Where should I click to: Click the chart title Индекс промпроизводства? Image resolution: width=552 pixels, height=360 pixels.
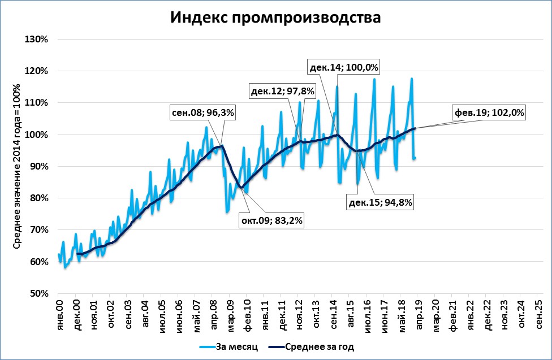pos(276,18)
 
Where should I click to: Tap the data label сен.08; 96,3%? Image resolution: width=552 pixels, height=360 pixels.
pos(203,112)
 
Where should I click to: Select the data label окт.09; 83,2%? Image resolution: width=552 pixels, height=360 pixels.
pos(273,221)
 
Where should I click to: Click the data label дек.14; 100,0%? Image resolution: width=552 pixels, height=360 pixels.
pos(344,67)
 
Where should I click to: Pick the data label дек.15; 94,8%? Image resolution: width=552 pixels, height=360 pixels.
pos(380,201)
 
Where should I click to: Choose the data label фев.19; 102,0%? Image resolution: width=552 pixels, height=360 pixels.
pos(489,112)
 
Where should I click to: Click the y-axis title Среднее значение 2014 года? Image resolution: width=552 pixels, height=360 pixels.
pos(18,167)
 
